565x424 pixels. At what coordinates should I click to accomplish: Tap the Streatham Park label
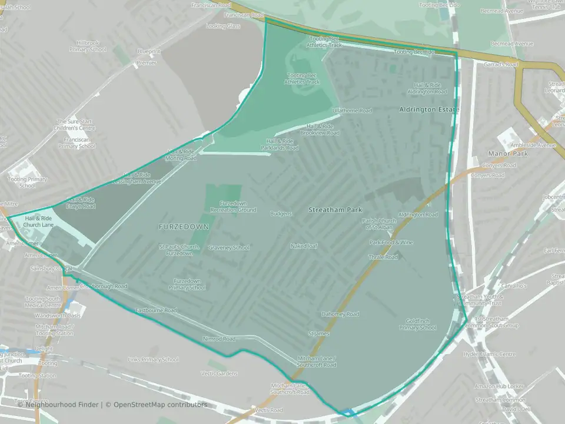coord(335,210)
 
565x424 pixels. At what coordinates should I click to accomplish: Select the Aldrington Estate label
coord(428,110)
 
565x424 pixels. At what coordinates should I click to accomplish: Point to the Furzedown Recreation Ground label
coord(234,207)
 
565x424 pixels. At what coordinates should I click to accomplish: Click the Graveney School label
coord(229,248)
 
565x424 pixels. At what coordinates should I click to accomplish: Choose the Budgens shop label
coord(281,213)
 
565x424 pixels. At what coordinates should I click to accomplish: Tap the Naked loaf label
coord(304,246)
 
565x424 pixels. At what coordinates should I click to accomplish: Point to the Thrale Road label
coord(383,257)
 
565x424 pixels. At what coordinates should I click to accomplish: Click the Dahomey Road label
coord(340,314)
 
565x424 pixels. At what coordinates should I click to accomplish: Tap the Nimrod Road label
coord(219,339)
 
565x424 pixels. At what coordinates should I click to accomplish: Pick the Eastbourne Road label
coord(156,310)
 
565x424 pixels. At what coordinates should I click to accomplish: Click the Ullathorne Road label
coord(352,111)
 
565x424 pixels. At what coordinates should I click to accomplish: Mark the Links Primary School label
coord(153,360)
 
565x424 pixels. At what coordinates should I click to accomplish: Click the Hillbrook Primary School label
coord(91,47)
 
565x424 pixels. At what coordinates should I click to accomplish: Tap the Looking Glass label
coord(223,26)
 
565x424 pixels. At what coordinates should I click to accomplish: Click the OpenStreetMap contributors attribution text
coord(160,405)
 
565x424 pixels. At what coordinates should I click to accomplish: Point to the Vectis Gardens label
coord(220,373)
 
